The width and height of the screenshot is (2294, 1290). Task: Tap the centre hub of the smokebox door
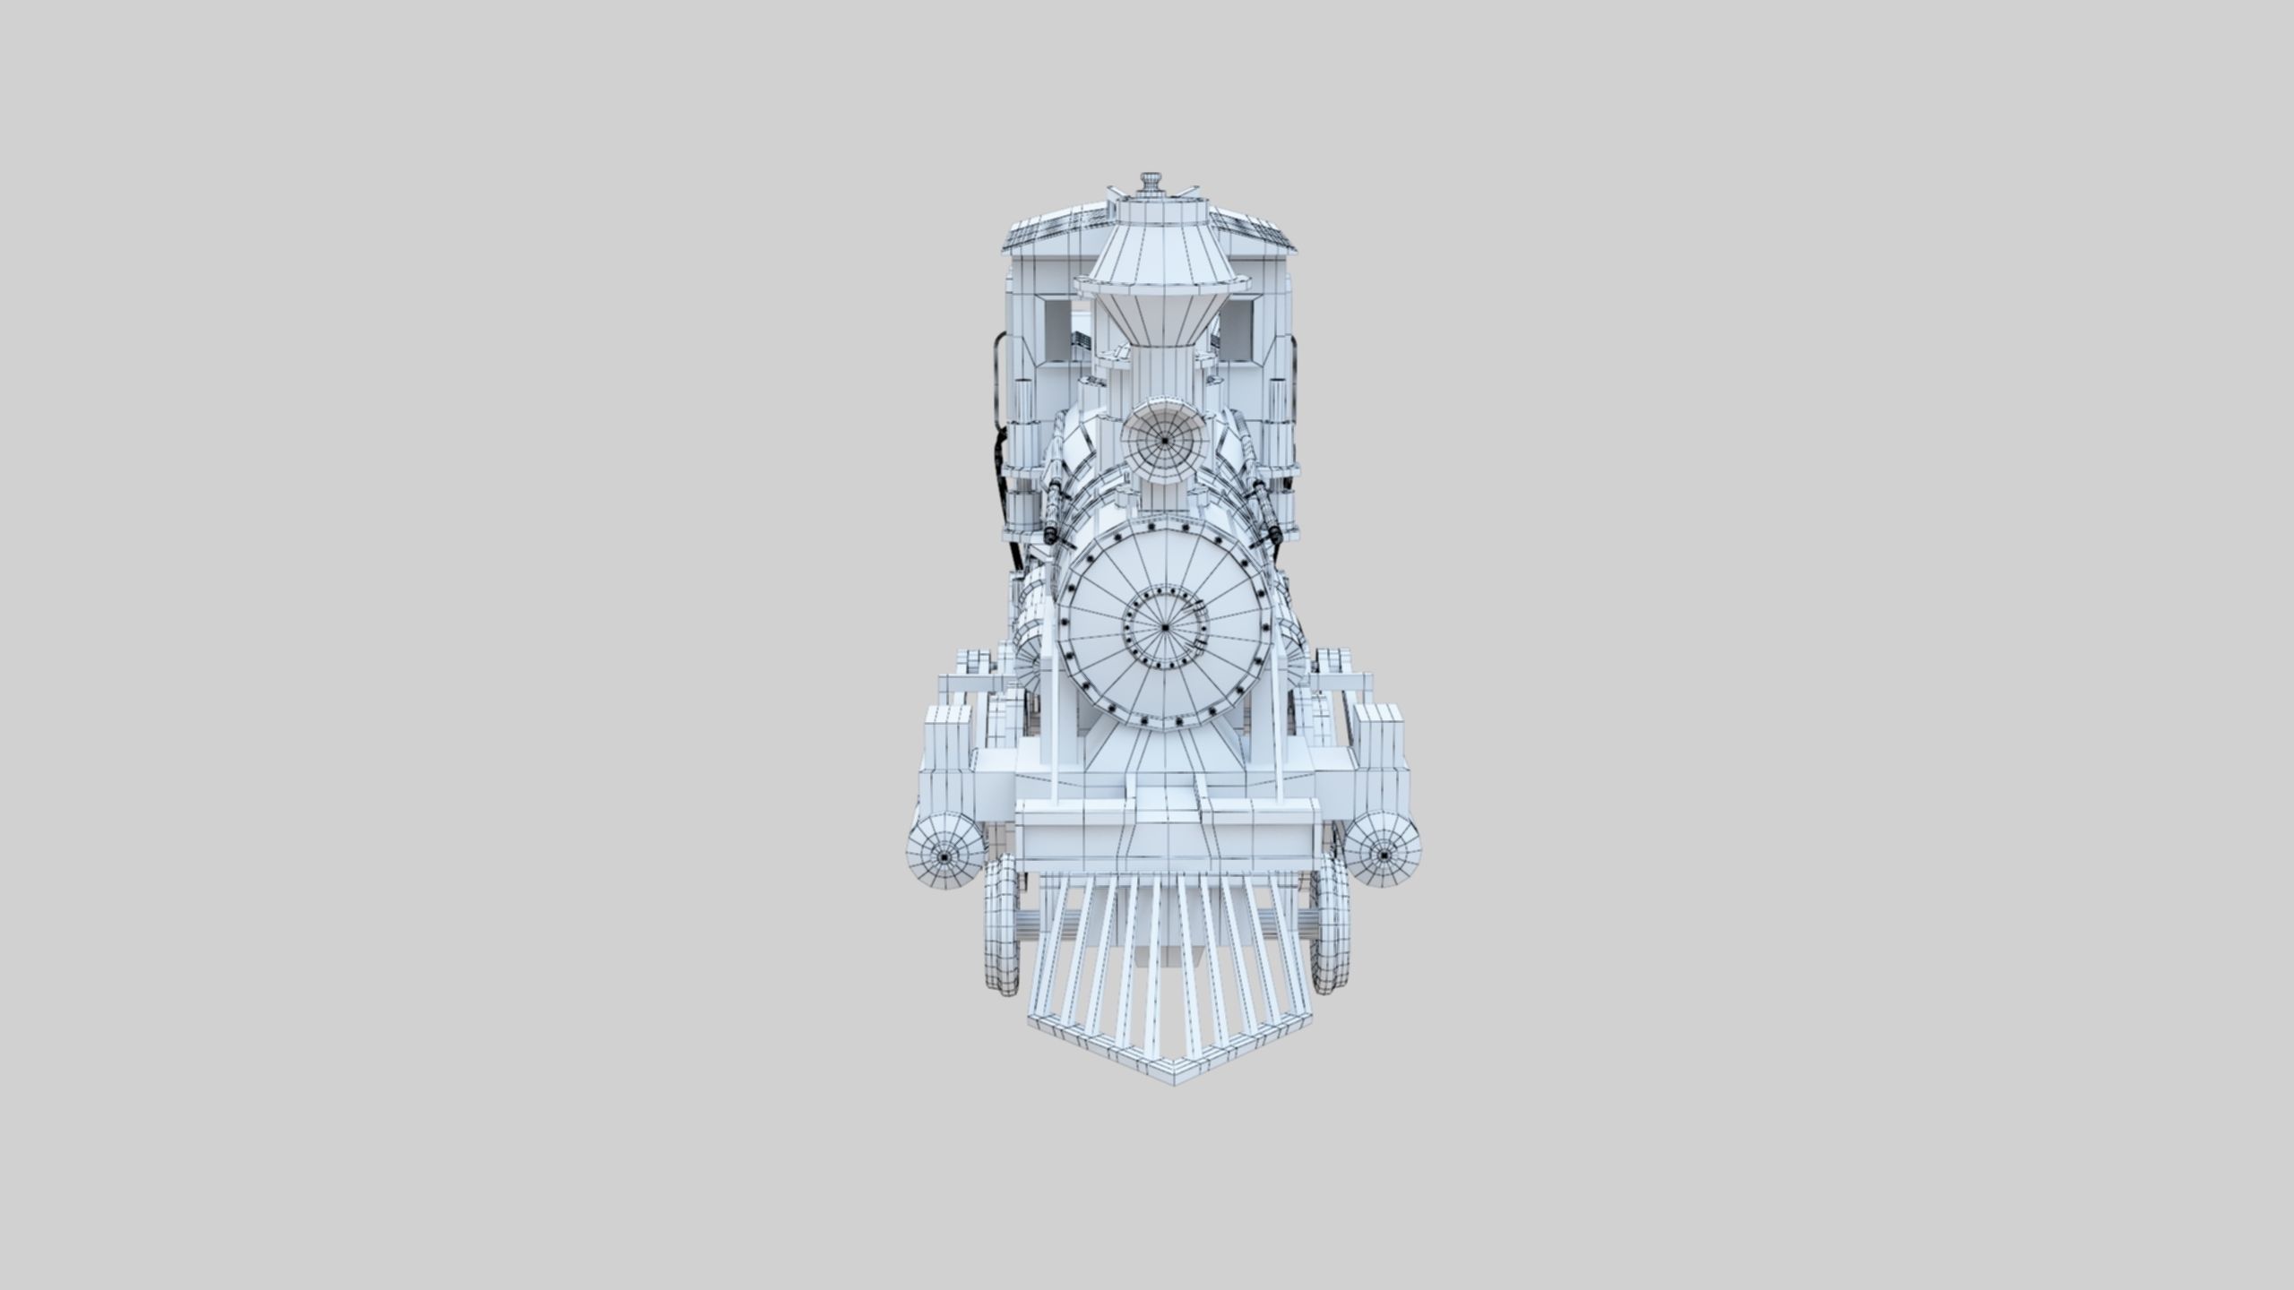(1164, 627)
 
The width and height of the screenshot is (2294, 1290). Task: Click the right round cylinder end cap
(1384, 856)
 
